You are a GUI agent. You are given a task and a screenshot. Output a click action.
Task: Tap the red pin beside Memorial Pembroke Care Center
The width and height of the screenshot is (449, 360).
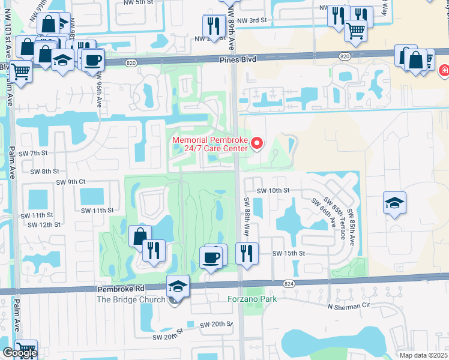[257, 143]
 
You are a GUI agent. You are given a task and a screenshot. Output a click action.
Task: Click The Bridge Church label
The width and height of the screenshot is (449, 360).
[131, 300]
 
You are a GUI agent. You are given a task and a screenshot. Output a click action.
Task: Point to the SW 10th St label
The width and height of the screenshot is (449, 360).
[273, 190]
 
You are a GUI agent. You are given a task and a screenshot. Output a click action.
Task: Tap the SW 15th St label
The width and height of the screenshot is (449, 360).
[289, 253]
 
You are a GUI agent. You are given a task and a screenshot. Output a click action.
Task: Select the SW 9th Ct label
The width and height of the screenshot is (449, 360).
[71, 182]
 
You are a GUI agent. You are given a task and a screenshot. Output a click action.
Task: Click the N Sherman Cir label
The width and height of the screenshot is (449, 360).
[349, 306]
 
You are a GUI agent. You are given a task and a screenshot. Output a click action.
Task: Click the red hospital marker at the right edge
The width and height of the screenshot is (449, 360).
[444, 70]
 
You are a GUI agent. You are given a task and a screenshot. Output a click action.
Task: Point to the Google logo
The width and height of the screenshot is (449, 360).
[19, 353]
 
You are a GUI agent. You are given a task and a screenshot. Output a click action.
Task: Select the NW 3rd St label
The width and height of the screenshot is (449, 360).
[252, 20]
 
